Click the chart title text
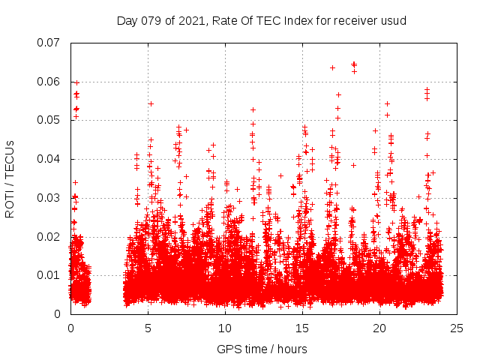pos(261,20)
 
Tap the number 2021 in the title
pos(190,20)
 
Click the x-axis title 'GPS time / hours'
pos(261,349)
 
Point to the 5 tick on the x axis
pos(148,328)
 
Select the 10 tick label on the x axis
pos(225,328)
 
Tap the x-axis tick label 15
pos(302,328)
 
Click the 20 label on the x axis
pos(379,328)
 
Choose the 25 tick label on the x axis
pos(457,328)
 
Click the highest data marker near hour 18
pos(354,64)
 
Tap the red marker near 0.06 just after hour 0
pos(76,82)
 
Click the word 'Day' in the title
pos(127,20)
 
